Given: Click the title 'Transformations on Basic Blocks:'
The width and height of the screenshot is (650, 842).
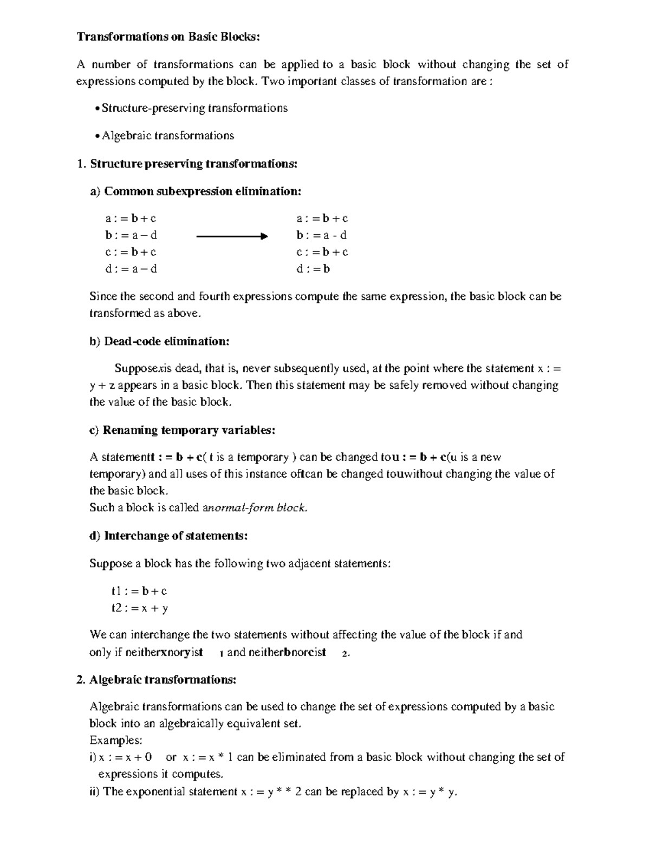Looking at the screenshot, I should pos(168,37).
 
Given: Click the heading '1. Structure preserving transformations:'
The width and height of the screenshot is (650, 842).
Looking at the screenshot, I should pos(187,164).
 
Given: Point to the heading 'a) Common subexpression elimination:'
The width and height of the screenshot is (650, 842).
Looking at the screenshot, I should pos(196,191).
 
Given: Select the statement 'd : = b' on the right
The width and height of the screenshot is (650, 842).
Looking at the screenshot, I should pos(313,269).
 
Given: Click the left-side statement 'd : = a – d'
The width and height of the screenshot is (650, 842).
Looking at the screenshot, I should pos(131,269).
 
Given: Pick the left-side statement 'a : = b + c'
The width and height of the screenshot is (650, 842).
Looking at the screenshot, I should pos(131,218).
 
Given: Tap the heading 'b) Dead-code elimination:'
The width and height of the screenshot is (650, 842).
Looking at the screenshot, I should pos(159,342).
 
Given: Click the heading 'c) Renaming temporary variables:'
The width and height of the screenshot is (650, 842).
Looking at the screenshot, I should pos(182,430).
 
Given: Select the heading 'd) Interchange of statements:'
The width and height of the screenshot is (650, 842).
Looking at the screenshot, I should pos(168,536).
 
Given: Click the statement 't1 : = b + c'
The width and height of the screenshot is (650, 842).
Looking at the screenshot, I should pos(139,592).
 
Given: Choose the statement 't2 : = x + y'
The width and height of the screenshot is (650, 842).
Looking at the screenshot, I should pos(140,608).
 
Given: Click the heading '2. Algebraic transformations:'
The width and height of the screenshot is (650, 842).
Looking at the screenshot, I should pos(157,680).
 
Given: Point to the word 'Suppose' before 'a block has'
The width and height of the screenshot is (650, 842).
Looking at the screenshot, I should pos(110,564).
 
